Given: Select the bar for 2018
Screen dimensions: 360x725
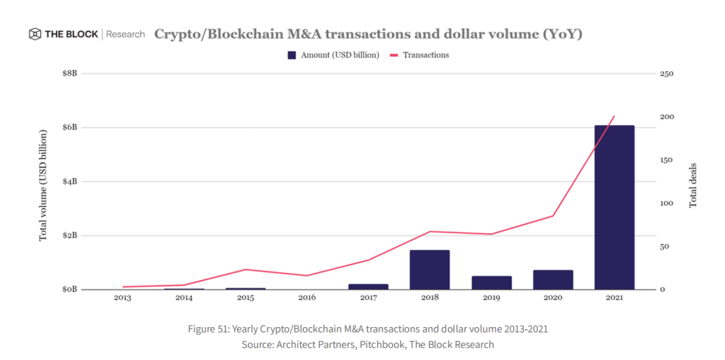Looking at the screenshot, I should [430, 269].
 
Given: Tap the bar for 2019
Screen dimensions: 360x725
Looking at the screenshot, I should [491, 282].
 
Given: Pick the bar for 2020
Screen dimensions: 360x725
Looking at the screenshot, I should [553, 279].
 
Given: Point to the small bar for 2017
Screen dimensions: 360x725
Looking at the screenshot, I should [368, 286].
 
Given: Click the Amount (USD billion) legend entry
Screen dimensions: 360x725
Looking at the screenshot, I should [333, 55].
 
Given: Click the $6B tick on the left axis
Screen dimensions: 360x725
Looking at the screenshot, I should [69, 128].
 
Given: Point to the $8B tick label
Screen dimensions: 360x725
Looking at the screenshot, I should [69, 73].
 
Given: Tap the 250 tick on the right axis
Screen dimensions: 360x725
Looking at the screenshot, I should [666, 73].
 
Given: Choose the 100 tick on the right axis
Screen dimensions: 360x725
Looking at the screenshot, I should [666, 204].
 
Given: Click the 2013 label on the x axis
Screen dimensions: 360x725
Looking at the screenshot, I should [122, 298].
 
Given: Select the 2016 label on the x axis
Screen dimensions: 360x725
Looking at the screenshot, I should [307, 298].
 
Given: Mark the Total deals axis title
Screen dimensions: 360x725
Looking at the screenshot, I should [693, 185].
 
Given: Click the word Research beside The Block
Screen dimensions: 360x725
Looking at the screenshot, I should [126, 34].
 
